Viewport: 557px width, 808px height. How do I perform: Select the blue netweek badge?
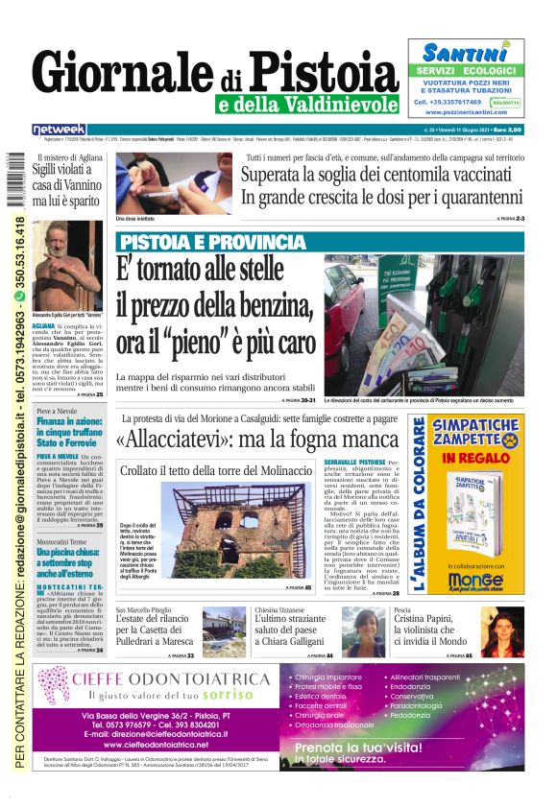pyautogui.click(x=59, y=129)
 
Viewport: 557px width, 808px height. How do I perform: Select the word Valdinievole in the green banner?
pyautogui.click(x=350, y=103)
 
